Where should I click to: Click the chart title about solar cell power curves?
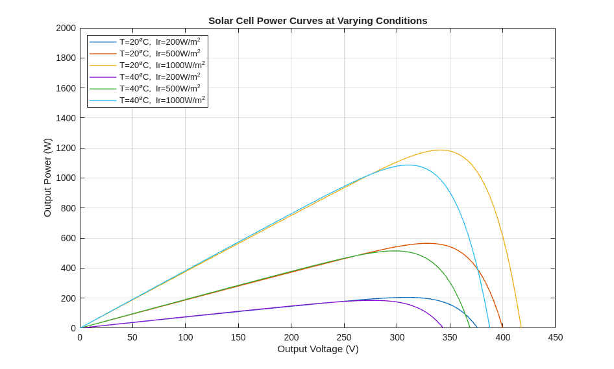(x=317, y=20)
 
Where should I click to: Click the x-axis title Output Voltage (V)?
(x=317, y=349)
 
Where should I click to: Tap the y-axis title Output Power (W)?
(x=47, y=178)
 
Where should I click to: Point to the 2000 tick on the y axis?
(x=66, y=28)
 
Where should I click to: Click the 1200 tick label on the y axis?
(x=66, y=148)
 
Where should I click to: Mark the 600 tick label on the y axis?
(x=68, y=238)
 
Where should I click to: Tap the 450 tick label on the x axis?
(x=555, y=337)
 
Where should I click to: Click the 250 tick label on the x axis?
(x=344, y=337)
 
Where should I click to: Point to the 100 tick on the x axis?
(x=186, y=337)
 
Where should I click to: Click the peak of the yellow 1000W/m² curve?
(x=441, y=150)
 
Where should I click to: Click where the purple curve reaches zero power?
(x=443, y=327)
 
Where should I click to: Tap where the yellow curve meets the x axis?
(x=521, y=327)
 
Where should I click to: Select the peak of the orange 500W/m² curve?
(x=427, y=243)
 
